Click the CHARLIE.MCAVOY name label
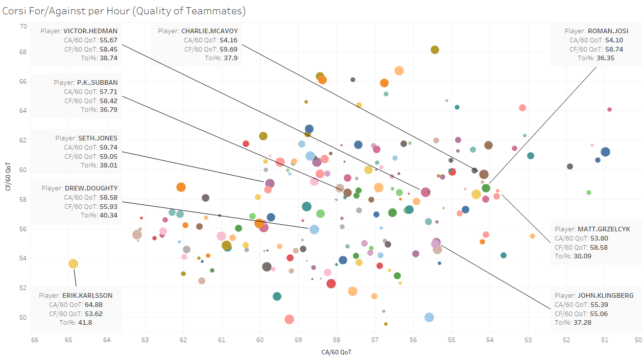209,31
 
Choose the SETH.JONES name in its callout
98,138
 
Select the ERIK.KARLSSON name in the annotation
87,295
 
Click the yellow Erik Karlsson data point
73,263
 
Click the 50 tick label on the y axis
23,317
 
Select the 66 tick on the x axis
34,339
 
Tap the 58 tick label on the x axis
336,339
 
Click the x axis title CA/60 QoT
336,352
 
